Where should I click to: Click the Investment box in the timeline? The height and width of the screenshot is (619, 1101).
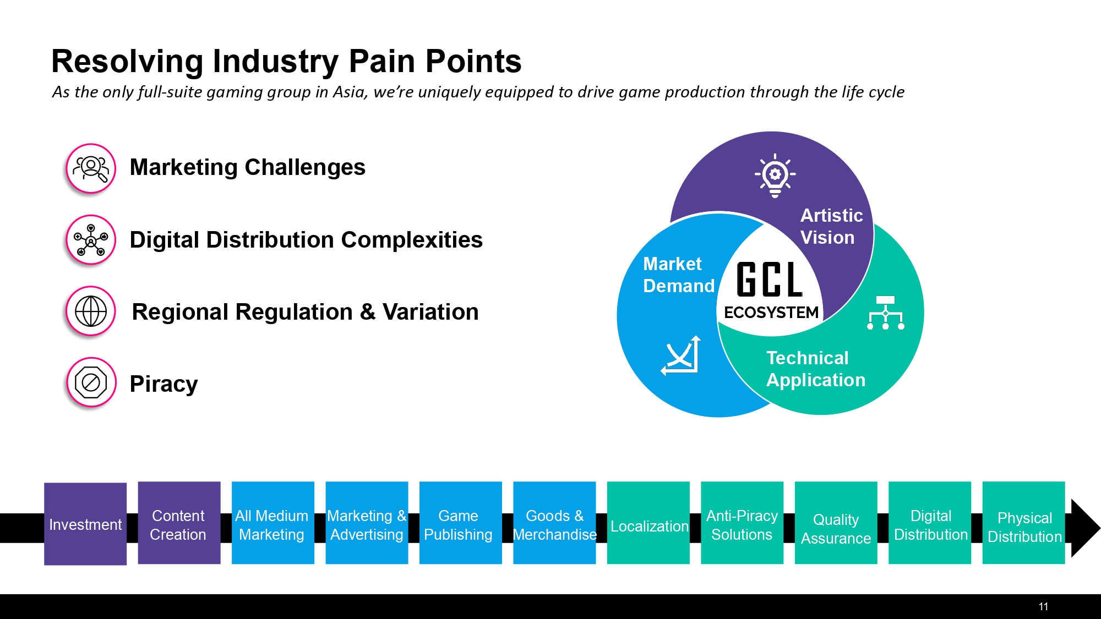pyautogui.click(x=85, y=524)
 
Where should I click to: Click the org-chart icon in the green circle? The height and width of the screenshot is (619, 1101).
pyautogui.click(x=885, y=313)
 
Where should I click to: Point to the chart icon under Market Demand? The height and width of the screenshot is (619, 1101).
pyautogui.click(x=682, y=355)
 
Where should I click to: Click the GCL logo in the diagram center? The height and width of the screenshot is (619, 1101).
pyautogui.click(x=770, y=280)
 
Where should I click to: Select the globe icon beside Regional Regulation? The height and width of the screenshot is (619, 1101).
pyautogui.click(x=91, y=311)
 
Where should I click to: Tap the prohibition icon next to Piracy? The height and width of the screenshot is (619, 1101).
pyautogui.click(x=91, y=382)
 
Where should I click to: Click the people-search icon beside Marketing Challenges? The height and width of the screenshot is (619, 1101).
pyautogui.click(x=91, y=168)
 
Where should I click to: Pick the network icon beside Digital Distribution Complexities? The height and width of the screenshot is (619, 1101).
pyautogui.click(x=91, y=240)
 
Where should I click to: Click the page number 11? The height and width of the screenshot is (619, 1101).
pyautogui.click(x=1043, y=606)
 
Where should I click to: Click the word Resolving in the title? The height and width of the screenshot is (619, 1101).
pyautogui.click(x=127, y=62)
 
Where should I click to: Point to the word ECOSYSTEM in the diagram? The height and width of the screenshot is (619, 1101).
pyautogui.click(x=771, y=313)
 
